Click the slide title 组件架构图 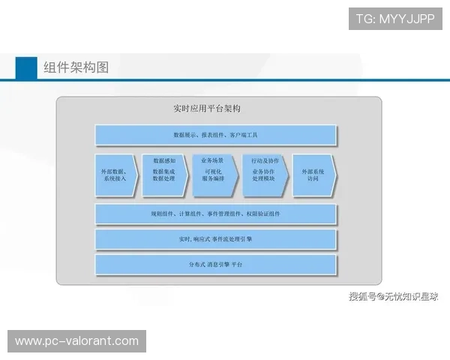coord(76,67)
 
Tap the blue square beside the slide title coord(26,67)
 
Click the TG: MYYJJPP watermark coord(395,18)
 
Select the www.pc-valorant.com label coord(77,341)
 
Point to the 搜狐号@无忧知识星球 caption coord(393,297)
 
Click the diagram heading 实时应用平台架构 coord(206,109)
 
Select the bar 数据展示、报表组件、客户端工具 coord(215,136)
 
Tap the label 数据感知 coord(164,161)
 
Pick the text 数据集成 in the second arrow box coord(164,171)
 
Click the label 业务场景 coord(213,160)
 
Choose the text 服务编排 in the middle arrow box coord(213,179)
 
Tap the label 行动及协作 coord(265,160)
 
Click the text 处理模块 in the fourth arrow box coord(265,179)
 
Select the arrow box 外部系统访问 coord(313,175)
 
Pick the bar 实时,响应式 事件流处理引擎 coord(215,239)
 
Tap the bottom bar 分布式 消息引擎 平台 coord(215,265)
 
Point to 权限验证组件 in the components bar coord(262,214)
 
